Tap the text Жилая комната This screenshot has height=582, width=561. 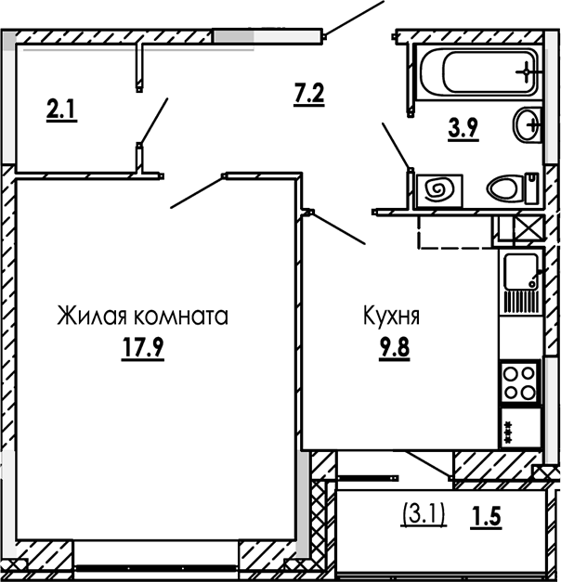[x=142, y=316]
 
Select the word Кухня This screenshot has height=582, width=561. [x=391, y=316]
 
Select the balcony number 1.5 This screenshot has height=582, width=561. [x=487, y=516]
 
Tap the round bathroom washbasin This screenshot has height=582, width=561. [x=527, y=123]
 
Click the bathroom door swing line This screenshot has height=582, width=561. [x=396, y=145]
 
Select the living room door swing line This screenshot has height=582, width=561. [x=198, y=190]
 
